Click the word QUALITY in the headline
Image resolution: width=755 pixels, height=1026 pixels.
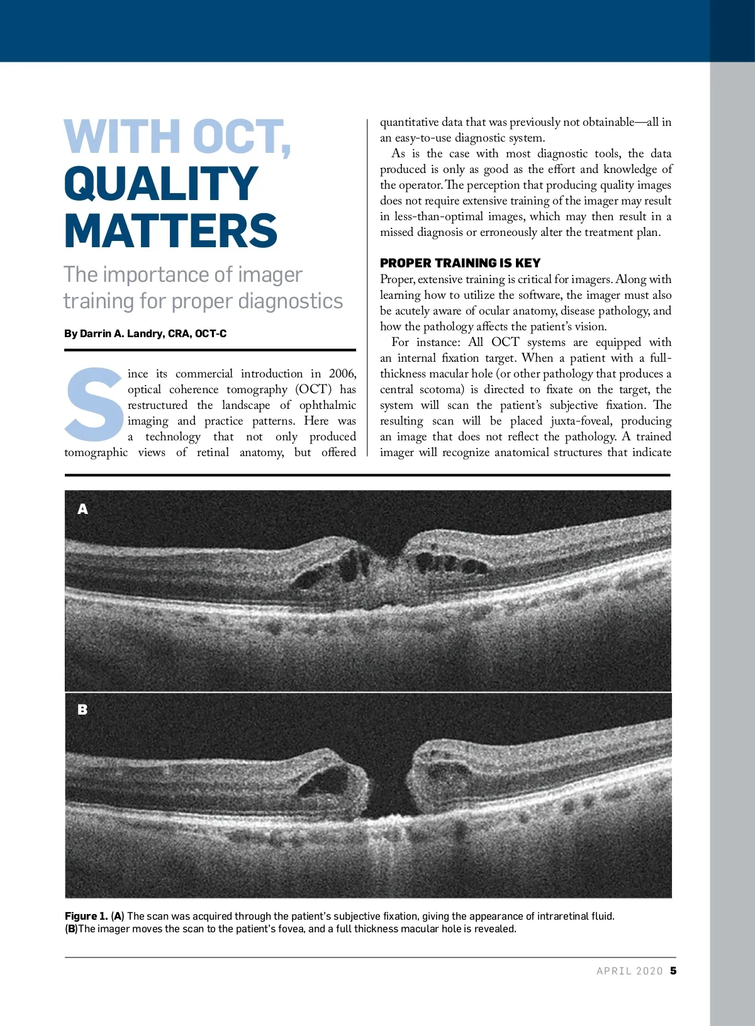click(161, 184)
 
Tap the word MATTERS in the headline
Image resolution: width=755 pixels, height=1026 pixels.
click(171, 231)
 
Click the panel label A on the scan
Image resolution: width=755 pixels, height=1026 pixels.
click(83, 509)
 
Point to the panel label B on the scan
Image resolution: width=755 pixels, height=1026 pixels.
click(82, 710)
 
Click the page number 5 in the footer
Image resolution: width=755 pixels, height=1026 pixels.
click(673, 971)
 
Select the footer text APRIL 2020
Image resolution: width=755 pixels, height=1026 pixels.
click(629, 971)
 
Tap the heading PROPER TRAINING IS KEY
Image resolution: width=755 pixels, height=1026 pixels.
click(460, 263)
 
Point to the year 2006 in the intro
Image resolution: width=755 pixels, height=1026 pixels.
click(342, 374)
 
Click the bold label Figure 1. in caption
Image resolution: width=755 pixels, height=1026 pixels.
click(86, 916)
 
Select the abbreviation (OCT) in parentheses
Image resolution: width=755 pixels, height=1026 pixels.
click(313, 389)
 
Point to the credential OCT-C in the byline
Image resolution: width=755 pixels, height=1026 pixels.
click(211, 333)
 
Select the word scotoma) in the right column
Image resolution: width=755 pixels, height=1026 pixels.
click(442, 389)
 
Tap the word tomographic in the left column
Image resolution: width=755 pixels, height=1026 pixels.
click(96, 452)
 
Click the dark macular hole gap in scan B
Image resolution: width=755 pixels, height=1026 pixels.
click(387, 786)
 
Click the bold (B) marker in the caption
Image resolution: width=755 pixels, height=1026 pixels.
click(71, 928)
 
